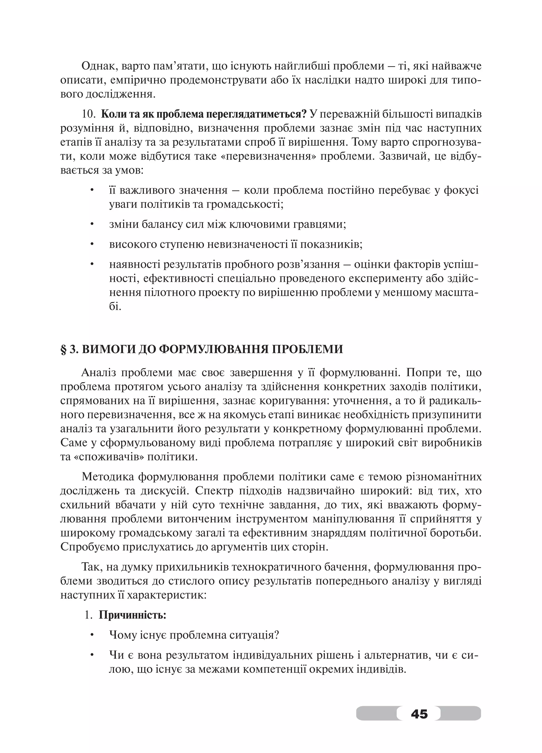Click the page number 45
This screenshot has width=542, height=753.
click(x=419, y=714)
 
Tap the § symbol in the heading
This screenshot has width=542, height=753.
click(x=64, y=350)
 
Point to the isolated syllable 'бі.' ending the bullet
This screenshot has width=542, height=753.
click(x=115, y=306)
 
